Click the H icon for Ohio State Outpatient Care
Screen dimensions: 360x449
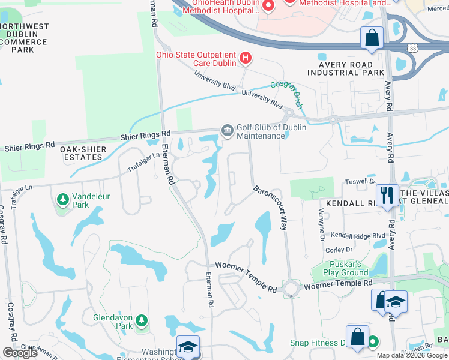click(246, 58)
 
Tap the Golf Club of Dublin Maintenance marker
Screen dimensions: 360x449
click(227, 131)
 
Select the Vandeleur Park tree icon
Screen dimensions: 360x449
click(62, 199)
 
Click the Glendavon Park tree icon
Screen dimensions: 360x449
click(142, 321)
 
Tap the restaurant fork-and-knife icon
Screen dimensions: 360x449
click(385, 194)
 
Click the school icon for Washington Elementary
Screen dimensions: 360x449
click(187, 347)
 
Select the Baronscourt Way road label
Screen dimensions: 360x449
click(270, 208)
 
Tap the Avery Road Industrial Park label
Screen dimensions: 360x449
click(345, 68)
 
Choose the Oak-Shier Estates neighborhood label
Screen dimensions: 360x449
click(83, 153)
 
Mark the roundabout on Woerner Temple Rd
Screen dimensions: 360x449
click(292, 289)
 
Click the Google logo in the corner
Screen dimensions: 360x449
click(20, 353)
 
